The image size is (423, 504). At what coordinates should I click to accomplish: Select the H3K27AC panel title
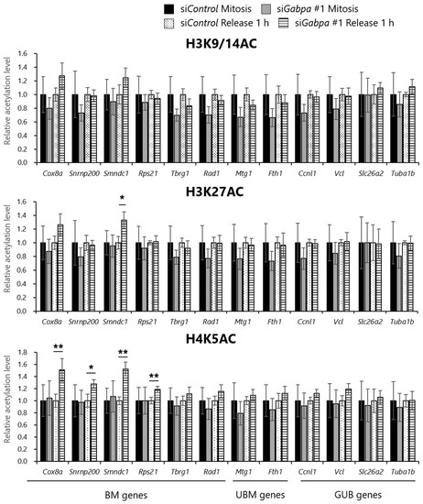click(222, 197)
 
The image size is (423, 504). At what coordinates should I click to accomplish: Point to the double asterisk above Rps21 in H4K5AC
click(154, 376)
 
